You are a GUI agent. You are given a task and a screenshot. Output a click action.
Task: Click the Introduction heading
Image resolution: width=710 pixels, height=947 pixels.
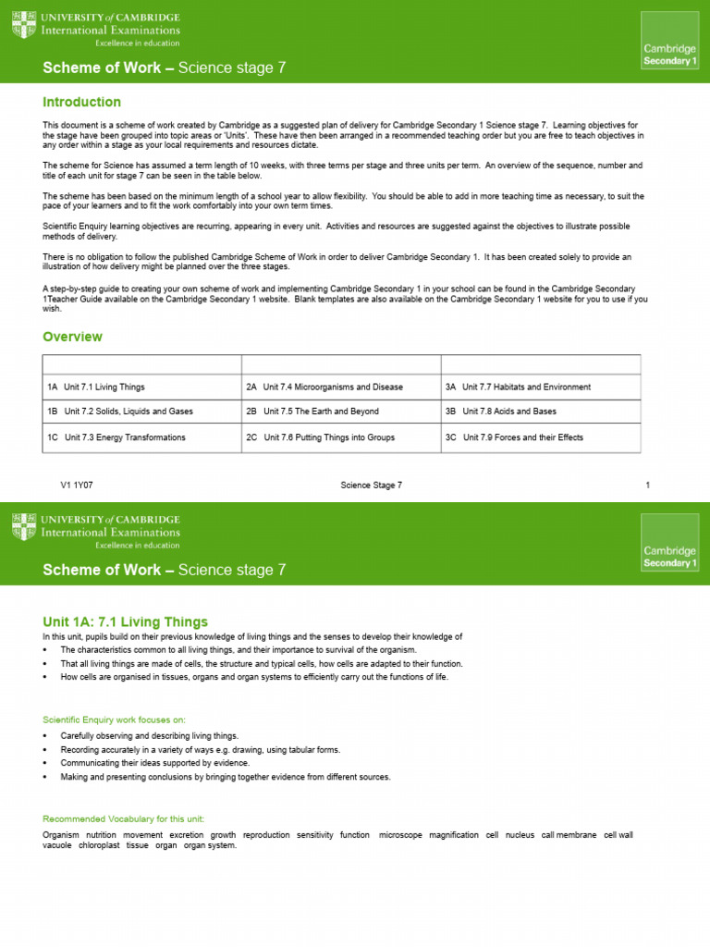pos(81,102)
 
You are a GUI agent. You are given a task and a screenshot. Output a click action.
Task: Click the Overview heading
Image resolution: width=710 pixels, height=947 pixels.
pos(72,337)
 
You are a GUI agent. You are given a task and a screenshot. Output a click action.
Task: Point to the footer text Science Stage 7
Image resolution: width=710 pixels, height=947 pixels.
pos(372,486)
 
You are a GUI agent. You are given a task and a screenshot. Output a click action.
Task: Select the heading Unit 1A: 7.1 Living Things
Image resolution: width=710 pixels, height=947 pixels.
pos(125,621)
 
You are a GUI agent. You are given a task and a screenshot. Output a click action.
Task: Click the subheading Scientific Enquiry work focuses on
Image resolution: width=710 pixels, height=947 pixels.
pos(114,719)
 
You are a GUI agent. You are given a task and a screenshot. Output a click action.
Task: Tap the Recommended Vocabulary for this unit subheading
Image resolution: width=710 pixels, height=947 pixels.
pos(124,818)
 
